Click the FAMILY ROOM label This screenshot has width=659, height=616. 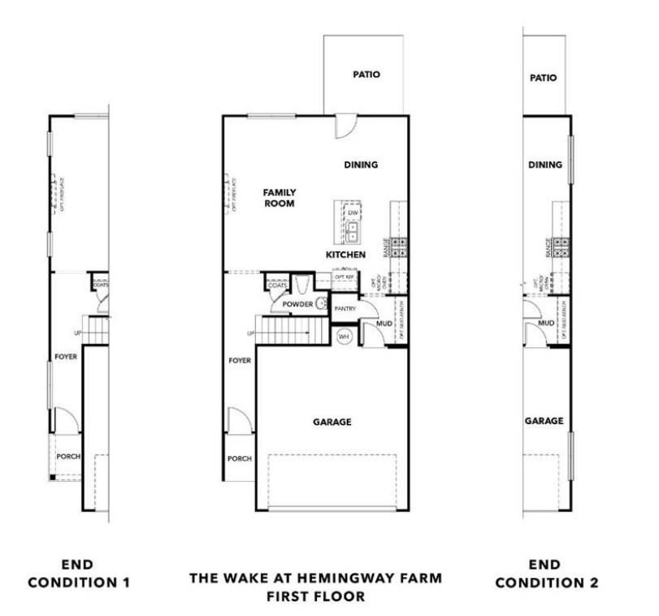(x=278, y=197)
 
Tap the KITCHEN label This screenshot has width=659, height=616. (x=345, y=254)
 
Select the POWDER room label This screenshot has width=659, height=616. (x=297, y=304)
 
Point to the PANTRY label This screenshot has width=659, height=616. (x=345, y=309)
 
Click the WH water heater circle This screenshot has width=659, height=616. (x=343, y=336)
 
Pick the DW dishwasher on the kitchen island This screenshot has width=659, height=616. (x=353, y=214)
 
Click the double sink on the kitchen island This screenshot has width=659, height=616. (x=353, y=232)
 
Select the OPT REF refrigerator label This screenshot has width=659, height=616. (x=345, y=277)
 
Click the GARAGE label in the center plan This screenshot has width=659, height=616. (x=332, y=422)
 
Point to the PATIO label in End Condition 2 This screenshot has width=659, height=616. (x=543, y=78)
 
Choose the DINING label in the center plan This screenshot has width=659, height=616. (x=361, y=164)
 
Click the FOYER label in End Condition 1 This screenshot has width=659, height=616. (x=66, y=356)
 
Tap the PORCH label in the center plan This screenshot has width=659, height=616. (x=240, y=458)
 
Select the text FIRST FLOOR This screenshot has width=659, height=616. (x=316, y=596)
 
